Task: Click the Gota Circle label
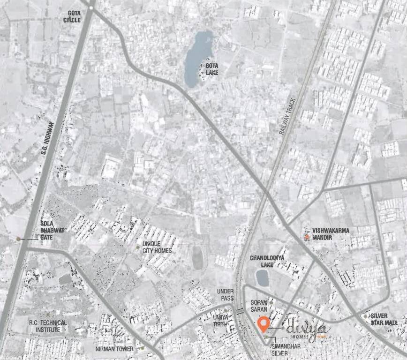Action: (x=72, y=17)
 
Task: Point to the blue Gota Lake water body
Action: (x=194, y=59)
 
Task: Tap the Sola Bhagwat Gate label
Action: (x=53, y=231)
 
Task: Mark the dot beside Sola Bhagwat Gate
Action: (x=18, y=239)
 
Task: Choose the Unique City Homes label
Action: (x=157, y=247)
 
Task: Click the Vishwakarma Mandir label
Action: (x=331, y=234)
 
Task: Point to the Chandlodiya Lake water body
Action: (x=262, y=277)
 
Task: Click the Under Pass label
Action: (x=225, y=294)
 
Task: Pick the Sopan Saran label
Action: (x=259, y=306)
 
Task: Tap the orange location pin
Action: (x=264, y=323)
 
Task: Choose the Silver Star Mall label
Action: (x=384, y=319)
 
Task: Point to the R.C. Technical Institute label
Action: (x=47, y=326)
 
